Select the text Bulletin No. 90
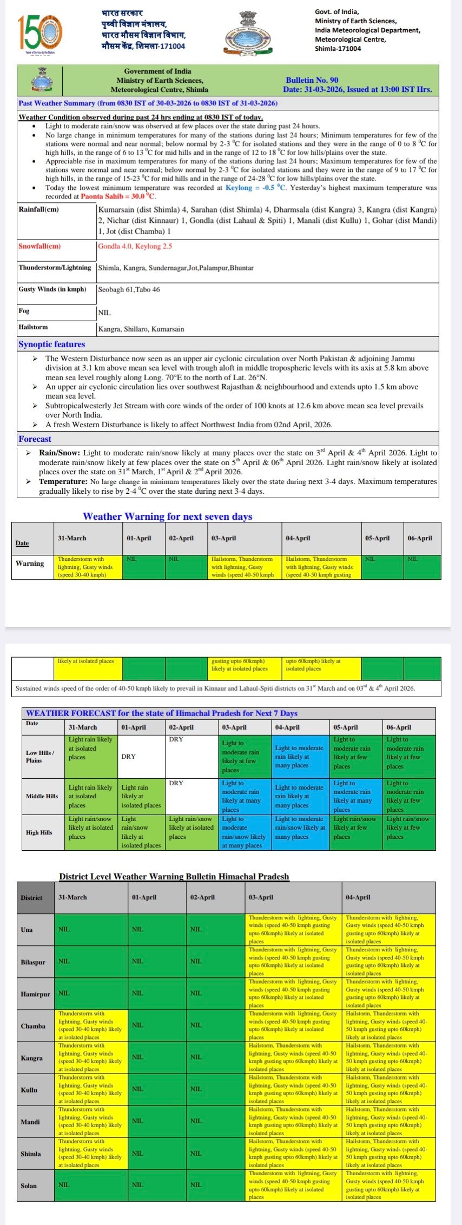312,80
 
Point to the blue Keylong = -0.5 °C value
255,188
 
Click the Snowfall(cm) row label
39,246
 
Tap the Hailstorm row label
33,327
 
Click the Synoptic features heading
51,344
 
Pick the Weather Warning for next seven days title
167,516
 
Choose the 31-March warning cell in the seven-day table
88,567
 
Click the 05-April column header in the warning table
377,538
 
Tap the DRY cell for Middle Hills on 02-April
176,783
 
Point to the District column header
31,898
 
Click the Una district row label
27,930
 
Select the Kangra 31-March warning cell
91,1057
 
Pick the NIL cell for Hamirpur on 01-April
137,993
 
